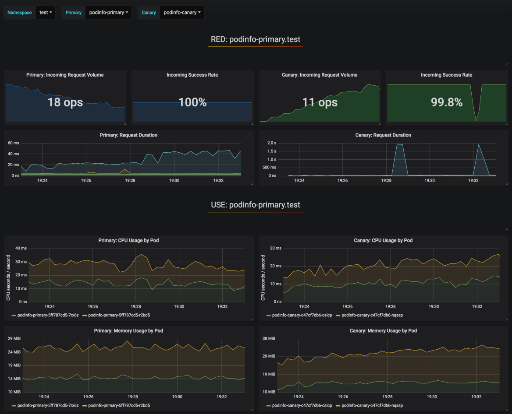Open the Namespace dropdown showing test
(x=46, y=13)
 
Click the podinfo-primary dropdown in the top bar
(x=108, y=13)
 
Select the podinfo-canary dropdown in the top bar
(x=182, y=13)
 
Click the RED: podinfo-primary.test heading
(x=256, y=39)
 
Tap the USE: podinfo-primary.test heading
(x=256, y=205)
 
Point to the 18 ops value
(x=65, y=102)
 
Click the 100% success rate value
(x=192, y=102)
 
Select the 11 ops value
(x=320, y=102)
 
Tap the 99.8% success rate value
(x=446, y=102)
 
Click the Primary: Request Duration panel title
(x=129, y=135)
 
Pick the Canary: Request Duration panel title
(x=383, y=135)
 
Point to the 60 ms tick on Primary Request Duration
(x=14, y=143)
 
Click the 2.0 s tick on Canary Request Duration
(x=272, y=143)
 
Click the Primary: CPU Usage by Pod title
(x=129, y=240)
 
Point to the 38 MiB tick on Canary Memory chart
(x=269, y=339)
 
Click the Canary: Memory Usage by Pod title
(x=383, y=331)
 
